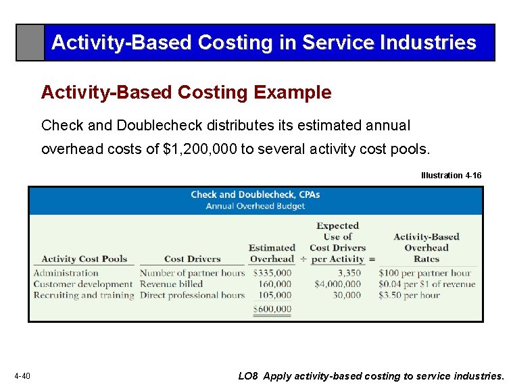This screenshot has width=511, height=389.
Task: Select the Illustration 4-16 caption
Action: click(x=451, y=175)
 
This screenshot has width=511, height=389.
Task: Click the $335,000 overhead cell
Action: click(x=272, y=274)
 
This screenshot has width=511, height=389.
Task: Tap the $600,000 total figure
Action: click(x=272, y=309)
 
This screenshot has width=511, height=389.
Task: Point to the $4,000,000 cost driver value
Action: click(x=337, y=284)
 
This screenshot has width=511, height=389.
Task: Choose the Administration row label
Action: click(x=66, y=274)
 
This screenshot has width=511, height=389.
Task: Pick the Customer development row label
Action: click(x=82, y=284)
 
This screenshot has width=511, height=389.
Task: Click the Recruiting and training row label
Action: click(x=84, y=295)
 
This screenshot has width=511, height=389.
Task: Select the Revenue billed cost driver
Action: click(x=171, y=284)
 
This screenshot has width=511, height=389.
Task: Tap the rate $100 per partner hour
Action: click(x=424, y=274)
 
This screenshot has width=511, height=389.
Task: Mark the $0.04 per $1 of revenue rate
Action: click(x=427, y=284)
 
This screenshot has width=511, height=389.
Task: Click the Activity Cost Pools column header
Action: click(x=84, y=259)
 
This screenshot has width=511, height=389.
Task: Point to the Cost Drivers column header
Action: click(x=192, y=259)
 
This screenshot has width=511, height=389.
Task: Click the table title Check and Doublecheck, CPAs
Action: click(x=255, y=194)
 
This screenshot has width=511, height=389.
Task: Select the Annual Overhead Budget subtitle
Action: click(x=255, y=206)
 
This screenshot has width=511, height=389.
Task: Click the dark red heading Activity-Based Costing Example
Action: click(x=186, y=93)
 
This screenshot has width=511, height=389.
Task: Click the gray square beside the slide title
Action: click(x=30, y=43)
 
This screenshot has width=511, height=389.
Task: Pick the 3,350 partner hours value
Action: click(x=349, y=274)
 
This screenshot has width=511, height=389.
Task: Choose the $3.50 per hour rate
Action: click(x=409, y=295)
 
